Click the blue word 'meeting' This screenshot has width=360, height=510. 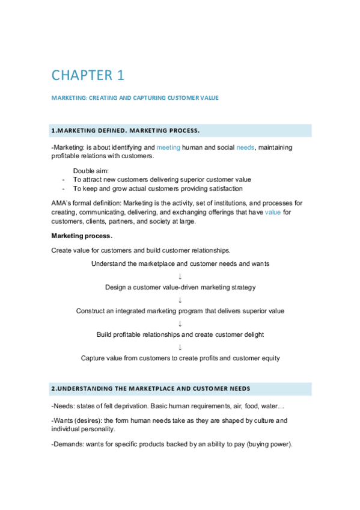(x=168, y=147)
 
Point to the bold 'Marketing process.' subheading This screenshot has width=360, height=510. (x=82, y=235)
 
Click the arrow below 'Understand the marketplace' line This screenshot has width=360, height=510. (x=180, y=275)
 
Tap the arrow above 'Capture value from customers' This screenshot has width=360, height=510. (x=180, y=346)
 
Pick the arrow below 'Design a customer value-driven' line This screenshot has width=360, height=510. (x=180, y=300)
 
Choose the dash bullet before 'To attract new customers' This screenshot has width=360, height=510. (x=63, y=179)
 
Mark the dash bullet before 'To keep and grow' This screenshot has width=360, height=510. (x=63, y=188)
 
